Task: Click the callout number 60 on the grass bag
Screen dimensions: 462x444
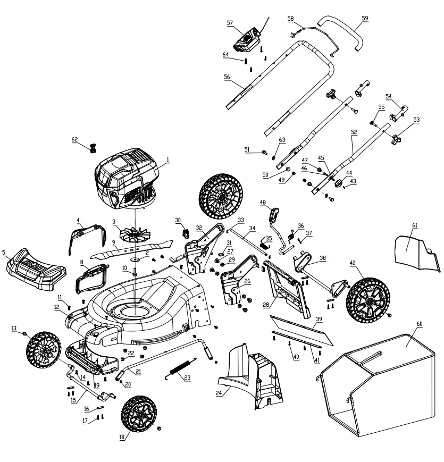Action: [x=419, y=323]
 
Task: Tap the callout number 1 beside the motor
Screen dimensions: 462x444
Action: [x=167, y=159]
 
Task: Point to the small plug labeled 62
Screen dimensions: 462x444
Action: [x=94, y=148]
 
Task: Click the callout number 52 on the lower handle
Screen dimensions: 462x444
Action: [x=354, y=131]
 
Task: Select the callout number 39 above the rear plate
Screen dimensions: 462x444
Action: [x=319, y=319]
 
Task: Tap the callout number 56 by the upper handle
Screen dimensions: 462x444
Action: [x=227, y=77]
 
